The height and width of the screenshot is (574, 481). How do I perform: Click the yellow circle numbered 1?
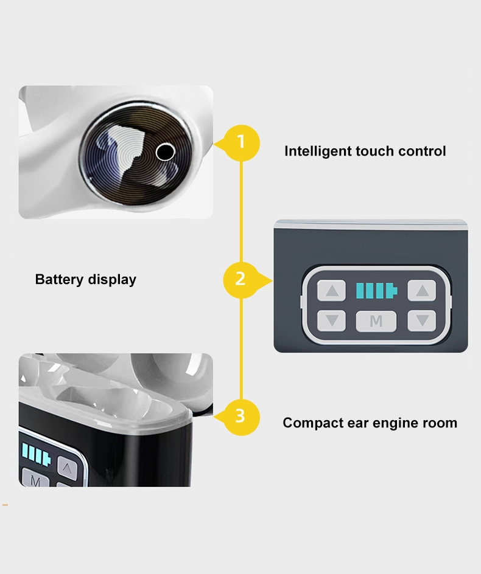[241, 143]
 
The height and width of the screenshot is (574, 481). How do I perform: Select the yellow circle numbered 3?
[241, 417]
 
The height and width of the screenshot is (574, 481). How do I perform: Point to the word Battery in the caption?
[60, 280]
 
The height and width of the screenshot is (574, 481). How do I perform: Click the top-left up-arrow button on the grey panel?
[331, 291]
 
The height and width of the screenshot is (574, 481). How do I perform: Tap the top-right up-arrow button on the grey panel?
[422, 291]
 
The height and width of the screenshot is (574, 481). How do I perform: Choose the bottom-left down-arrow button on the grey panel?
[331, 321]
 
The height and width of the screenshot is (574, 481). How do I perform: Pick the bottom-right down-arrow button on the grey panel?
[422, 321]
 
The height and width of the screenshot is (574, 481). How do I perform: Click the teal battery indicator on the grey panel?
[376, 291]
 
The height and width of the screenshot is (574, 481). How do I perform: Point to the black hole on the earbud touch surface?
[166, 152]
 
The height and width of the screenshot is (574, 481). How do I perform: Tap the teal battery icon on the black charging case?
[37, 454]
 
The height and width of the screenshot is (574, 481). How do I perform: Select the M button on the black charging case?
[35, 479]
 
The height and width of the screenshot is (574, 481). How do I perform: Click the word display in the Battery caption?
[112, 280]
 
